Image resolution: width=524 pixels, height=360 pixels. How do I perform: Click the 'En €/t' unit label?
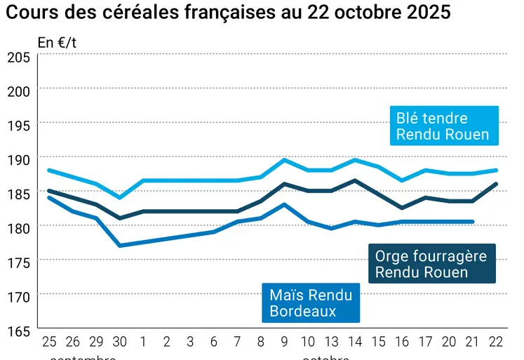58,42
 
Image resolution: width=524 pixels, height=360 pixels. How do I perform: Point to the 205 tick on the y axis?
18,57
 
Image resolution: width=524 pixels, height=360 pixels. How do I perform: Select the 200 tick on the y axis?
18,91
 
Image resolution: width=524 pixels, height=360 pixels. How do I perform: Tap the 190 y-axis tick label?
18,159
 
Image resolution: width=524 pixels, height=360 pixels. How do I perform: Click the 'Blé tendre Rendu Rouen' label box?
443,126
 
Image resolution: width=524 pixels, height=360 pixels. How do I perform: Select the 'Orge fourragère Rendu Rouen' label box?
431,264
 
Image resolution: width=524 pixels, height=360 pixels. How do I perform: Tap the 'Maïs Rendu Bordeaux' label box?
311,302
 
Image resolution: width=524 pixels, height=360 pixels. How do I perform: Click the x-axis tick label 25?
49,342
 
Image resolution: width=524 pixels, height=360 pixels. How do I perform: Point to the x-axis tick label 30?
120,342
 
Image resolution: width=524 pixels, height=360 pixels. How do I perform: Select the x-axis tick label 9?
285,342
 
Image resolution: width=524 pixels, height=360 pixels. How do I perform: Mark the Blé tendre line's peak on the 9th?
285,160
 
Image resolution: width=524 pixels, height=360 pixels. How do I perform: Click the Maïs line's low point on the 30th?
120,246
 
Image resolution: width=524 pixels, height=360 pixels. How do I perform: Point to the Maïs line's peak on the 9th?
285,204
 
